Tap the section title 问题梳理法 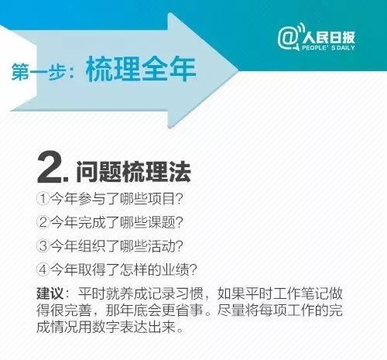coord(132,168)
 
